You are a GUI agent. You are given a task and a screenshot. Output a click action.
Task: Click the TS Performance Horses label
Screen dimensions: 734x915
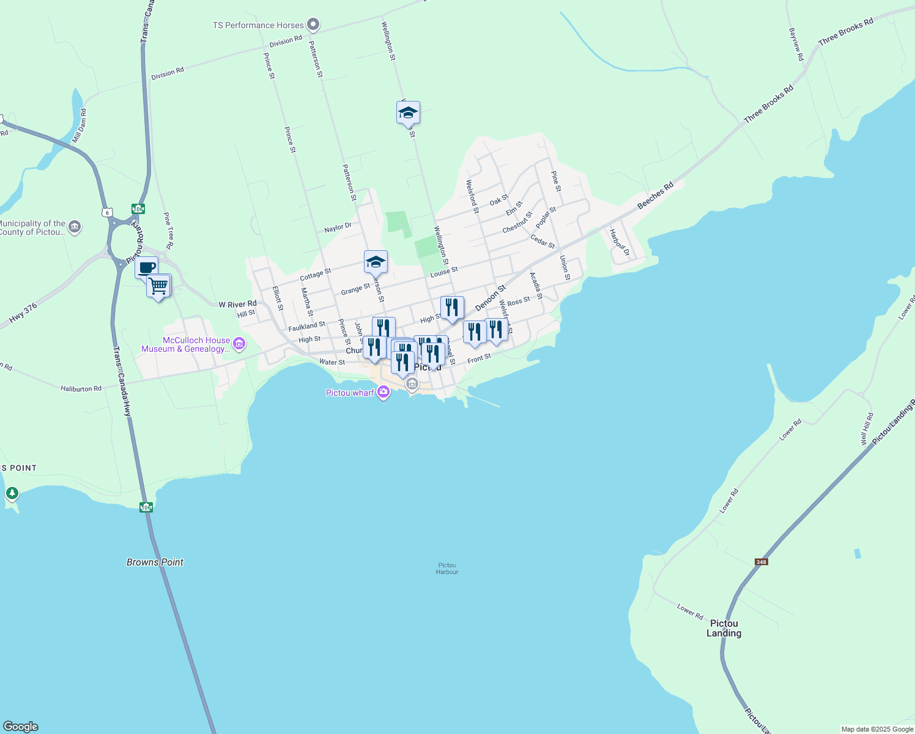point(258,25)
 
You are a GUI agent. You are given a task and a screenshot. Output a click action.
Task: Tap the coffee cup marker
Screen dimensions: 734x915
point(147,267)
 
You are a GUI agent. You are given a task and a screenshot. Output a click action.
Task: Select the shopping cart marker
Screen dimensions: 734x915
point(158,286)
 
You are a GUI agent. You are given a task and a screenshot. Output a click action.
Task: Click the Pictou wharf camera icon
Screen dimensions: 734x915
point(383,392)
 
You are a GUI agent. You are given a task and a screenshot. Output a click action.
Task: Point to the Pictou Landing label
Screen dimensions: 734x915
point(724,628)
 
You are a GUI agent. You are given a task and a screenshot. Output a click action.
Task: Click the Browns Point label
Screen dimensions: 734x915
point(155,562)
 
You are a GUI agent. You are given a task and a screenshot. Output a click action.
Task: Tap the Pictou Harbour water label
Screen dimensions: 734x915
point(447,568)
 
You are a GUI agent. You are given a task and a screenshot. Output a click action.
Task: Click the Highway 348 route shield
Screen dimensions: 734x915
point(761,562)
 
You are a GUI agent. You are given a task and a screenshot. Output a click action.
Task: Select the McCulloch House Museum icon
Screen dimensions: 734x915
point(239,344)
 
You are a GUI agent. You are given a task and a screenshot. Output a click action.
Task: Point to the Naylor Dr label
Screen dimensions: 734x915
point(338,228)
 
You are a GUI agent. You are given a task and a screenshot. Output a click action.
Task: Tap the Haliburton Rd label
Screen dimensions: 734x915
point(81,388)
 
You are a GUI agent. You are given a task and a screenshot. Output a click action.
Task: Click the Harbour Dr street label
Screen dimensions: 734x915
point(619,242)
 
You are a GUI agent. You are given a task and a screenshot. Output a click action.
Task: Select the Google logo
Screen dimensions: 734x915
point(21,727)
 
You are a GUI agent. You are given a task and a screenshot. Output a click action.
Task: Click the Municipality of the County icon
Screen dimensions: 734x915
point(75,227)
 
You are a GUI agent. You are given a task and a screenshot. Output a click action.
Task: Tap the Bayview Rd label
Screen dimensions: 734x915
point(796,44)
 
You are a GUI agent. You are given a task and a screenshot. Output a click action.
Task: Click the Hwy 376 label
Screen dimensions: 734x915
point(23,313)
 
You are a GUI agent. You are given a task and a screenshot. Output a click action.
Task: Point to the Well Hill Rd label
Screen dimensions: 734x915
point(866,429)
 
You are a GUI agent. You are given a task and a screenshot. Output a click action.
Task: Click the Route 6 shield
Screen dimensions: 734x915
point(108,212)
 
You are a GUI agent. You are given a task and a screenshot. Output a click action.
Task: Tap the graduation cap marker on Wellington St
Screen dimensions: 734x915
point(408,113)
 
